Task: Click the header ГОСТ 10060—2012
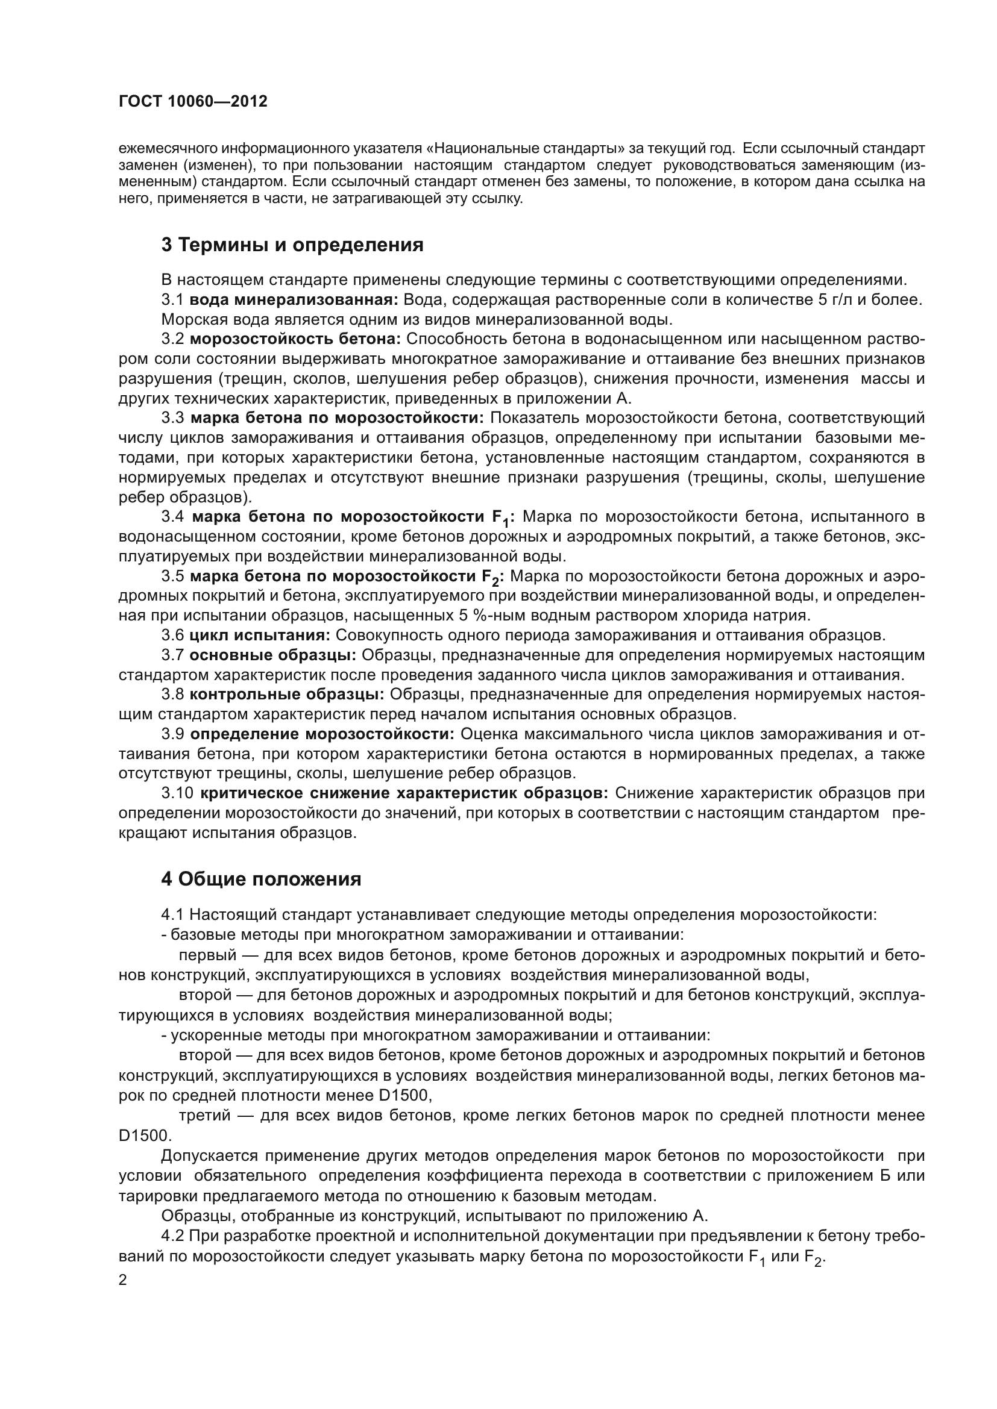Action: click(193, 101)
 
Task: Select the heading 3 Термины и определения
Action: click(292, 245)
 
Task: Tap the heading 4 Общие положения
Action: click(261, 879)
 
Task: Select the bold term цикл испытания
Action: click(260, 635)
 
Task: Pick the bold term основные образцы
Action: click(272, 655)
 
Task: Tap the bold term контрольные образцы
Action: click(287, 695)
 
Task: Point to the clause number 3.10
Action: click(177, 793)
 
